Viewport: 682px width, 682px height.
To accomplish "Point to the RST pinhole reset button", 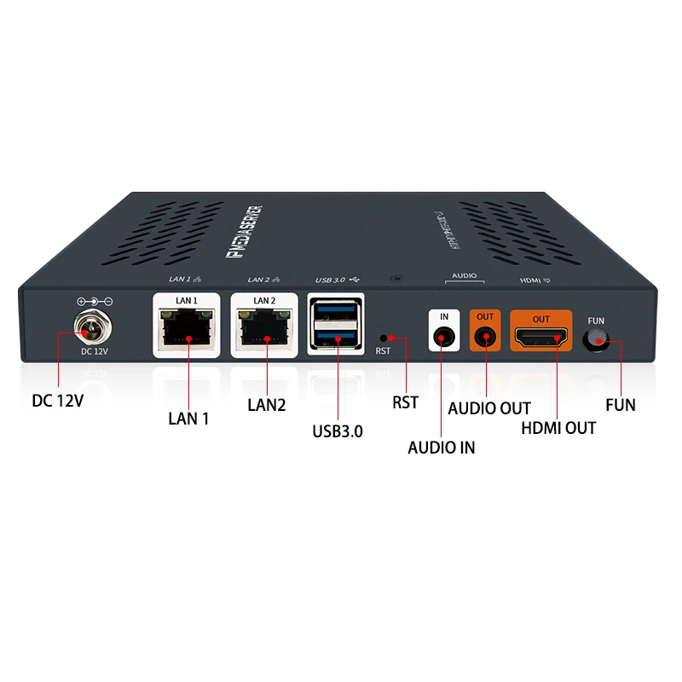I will [x=383, y=338].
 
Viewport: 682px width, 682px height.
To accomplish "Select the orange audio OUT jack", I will [x=485, y=338].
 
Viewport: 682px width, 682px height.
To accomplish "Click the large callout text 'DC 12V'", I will [x=57, y=398].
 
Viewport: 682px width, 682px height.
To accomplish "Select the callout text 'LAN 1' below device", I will [x=188, y=418].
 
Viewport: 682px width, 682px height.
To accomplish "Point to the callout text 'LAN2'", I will [x=266, y=405].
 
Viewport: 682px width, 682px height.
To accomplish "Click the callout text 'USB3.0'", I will [x=338, y=431].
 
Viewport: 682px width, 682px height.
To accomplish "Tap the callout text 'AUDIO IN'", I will [x=442, y=448].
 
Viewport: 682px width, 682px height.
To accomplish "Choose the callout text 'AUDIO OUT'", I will [x=489, y=408].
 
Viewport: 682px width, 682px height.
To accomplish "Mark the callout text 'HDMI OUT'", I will [x=558, y=427].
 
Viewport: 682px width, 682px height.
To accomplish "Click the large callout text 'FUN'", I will [x=620, y=405].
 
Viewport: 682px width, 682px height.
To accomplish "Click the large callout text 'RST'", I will [x=406, y=402].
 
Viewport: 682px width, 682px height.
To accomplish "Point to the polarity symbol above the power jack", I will [x=94, y=302].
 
